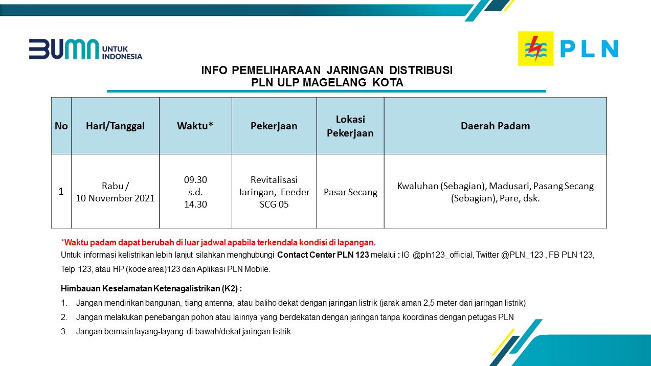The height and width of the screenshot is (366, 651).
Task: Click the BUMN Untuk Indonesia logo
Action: point(85,49)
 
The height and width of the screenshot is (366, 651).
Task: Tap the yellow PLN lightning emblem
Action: point(535,49)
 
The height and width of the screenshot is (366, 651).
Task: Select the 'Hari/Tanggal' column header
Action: point(115,126)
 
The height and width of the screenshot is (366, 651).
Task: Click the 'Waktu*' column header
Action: point(195,126)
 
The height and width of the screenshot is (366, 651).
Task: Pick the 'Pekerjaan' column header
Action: point(274,126)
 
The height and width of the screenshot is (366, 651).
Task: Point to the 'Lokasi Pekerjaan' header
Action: point(350,126)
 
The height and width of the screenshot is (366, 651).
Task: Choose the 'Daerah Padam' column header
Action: point(495,126)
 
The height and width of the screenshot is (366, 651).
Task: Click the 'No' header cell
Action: point(61,126)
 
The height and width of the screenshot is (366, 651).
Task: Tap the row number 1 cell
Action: point(61,192)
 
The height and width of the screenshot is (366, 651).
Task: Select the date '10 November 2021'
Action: point(115,198)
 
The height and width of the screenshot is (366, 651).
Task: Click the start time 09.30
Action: point(195,179)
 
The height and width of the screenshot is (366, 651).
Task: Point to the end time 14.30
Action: point(195,204)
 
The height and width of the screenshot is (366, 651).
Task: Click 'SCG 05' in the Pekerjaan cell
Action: point(274,204)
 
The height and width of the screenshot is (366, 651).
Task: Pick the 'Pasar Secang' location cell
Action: point(350,192)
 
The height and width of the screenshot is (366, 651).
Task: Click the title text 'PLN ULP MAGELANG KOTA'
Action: point(327,83)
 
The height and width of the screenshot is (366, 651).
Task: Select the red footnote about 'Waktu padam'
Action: point(218,242)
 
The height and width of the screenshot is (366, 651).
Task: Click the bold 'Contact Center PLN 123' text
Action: point(323,255)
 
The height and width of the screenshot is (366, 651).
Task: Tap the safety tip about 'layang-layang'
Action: point(183,331)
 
